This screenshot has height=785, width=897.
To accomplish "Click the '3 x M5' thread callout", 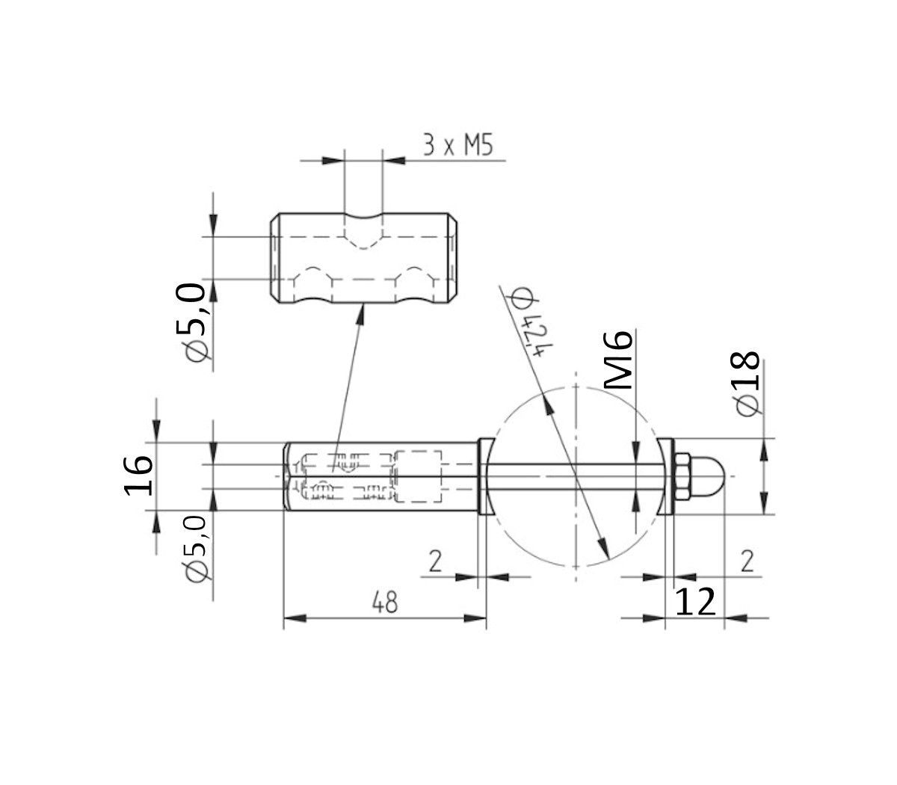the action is click(x=457, y=145).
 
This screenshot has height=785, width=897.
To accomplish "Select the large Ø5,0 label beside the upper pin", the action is click(x=191, y=322).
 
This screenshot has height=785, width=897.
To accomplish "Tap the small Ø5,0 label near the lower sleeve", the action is click(x=196, y=549).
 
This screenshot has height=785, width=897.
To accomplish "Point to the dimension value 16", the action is click(x=138, y=476).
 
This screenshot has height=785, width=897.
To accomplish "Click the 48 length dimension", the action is click(x=385, y=603).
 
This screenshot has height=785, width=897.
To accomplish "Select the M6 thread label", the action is click(x=619, y=360).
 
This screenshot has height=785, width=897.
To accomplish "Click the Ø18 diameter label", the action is click(x=747, y=384).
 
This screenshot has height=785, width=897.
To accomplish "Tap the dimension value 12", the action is click(x=695, y=602).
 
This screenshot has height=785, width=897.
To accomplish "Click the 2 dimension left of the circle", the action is click(x=435, y=561).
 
